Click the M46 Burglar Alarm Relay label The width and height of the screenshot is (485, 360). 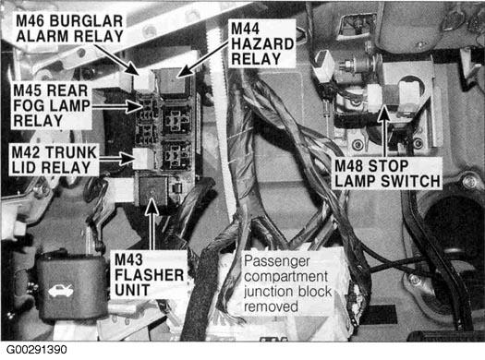point(69,29)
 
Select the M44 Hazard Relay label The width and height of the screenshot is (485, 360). point(262,43)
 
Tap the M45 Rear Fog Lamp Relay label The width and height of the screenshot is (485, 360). point(52,105)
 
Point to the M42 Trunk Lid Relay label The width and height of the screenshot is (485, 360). point(55,160)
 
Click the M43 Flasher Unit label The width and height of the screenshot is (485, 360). point(149,275)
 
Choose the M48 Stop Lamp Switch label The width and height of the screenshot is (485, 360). point(387,174)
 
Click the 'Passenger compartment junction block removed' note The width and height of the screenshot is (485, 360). point(287,283)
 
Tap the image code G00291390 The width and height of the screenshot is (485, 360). point(37,350)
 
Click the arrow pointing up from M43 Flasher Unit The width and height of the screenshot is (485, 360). point(152,224)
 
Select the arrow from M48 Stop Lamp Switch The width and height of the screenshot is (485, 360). point(384,131)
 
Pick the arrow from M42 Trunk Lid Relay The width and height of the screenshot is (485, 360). point(116,159)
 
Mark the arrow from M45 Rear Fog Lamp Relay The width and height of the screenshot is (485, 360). point(117,107)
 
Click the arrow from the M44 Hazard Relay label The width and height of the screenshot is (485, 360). point(203,59)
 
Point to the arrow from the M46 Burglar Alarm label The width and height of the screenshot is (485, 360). point(116,60)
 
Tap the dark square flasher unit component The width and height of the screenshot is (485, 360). point(152,190)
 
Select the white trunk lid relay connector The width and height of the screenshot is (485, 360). point(143,159)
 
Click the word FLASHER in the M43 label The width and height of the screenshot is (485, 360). point(149,275)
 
